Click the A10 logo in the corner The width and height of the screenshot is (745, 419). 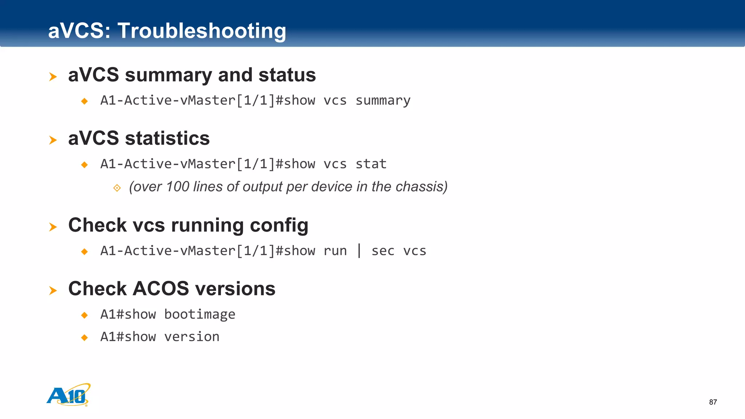(68, 395)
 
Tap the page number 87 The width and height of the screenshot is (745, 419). (713, 402)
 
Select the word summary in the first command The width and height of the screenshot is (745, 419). (383, 100)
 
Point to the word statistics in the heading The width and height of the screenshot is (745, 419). (167, 138)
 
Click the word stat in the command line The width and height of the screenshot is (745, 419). (371, 164)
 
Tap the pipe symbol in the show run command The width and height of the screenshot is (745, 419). (359, 251)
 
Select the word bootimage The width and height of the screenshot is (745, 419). (200, 314)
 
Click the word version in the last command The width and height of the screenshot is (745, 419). (192, 337)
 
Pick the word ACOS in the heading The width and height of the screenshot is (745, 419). (161, 288)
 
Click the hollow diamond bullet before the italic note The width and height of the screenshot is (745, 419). (117, 188)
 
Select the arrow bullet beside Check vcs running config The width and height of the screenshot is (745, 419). (53, 227)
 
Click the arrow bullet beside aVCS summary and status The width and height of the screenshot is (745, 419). (53, 77)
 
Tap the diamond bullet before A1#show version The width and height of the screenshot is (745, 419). (84, 338)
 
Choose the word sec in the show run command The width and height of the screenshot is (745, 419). (383, 251)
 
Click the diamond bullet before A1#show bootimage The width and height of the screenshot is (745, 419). (84, 315)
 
